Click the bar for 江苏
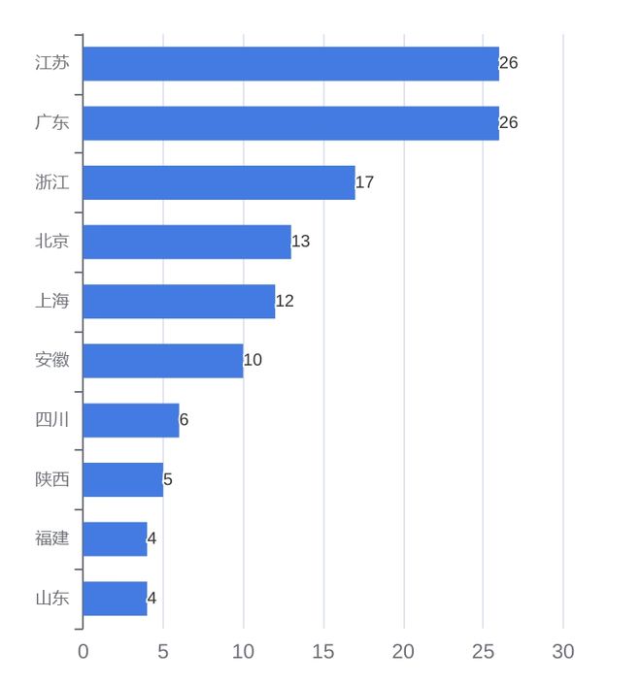coord(290,64)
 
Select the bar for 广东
coord(290,123)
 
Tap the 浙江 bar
coord(219,182)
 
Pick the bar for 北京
coord(186,242)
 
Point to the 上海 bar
coord(179,301)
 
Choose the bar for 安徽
coord(162,360)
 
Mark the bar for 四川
coord(130,420)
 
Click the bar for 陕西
coord(122,479)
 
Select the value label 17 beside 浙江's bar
coord(365,182)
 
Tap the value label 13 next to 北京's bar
coord(301,242)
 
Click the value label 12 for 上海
coord(285,301)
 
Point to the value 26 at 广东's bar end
coord(509,123)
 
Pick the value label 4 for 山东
coord(152,598)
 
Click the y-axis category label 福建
coord(52,538)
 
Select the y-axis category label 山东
coord(52,598)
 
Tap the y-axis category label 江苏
coord(52,64)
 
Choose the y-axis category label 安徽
coord(52,360)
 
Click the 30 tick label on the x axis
coord(563,652)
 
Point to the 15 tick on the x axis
coord(323,652)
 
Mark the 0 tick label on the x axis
coord(83,652)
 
